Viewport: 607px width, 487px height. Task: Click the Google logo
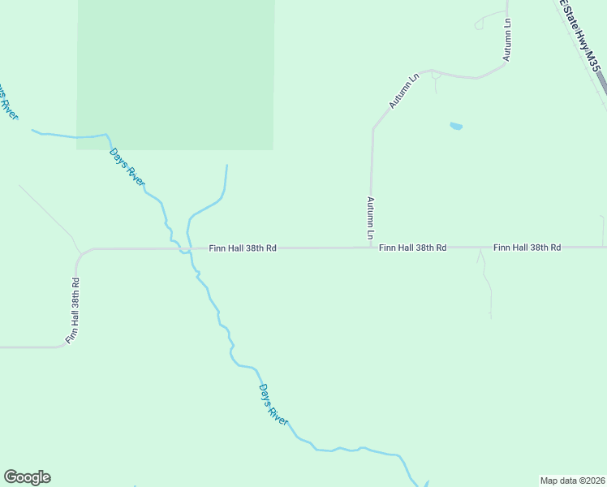(x=27, y=477)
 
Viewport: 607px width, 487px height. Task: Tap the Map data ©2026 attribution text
(x=573, y=480)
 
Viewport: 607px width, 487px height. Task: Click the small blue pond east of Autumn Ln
(x=456, y=126)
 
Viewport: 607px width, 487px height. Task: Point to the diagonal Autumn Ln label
(x=404, y=91)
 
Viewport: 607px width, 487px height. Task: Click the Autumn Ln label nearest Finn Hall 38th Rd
(x=371, y=218)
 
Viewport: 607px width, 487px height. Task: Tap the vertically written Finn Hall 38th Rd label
(x=74, y=311)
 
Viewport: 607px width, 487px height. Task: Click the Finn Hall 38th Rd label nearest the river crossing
(x=243, y=248)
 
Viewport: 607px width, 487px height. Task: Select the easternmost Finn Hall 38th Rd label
(x=527, y=247)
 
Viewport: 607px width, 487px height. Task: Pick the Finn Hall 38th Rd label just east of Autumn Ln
(x=412, y=247)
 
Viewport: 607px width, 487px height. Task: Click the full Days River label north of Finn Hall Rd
(x=127, y=168)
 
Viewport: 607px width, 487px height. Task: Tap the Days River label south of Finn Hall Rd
(x=273, y=403)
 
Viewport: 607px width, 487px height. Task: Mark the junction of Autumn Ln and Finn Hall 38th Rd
(x=372, y=247)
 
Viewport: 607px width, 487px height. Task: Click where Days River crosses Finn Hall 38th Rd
(x=186, y=248)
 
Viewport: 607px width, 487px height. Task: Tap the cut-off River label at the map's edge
(x=8, y=101)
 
